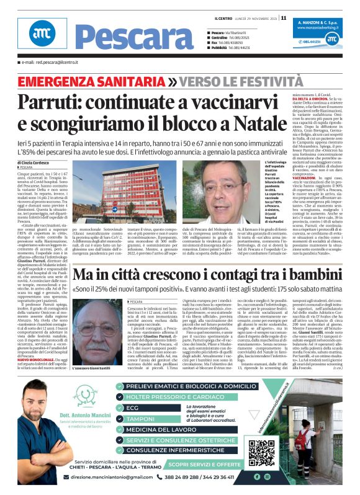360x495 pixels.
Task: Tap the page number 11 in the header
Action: pos(284,18)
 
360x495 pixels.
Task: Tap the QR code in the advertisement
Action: pos(261,451)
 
